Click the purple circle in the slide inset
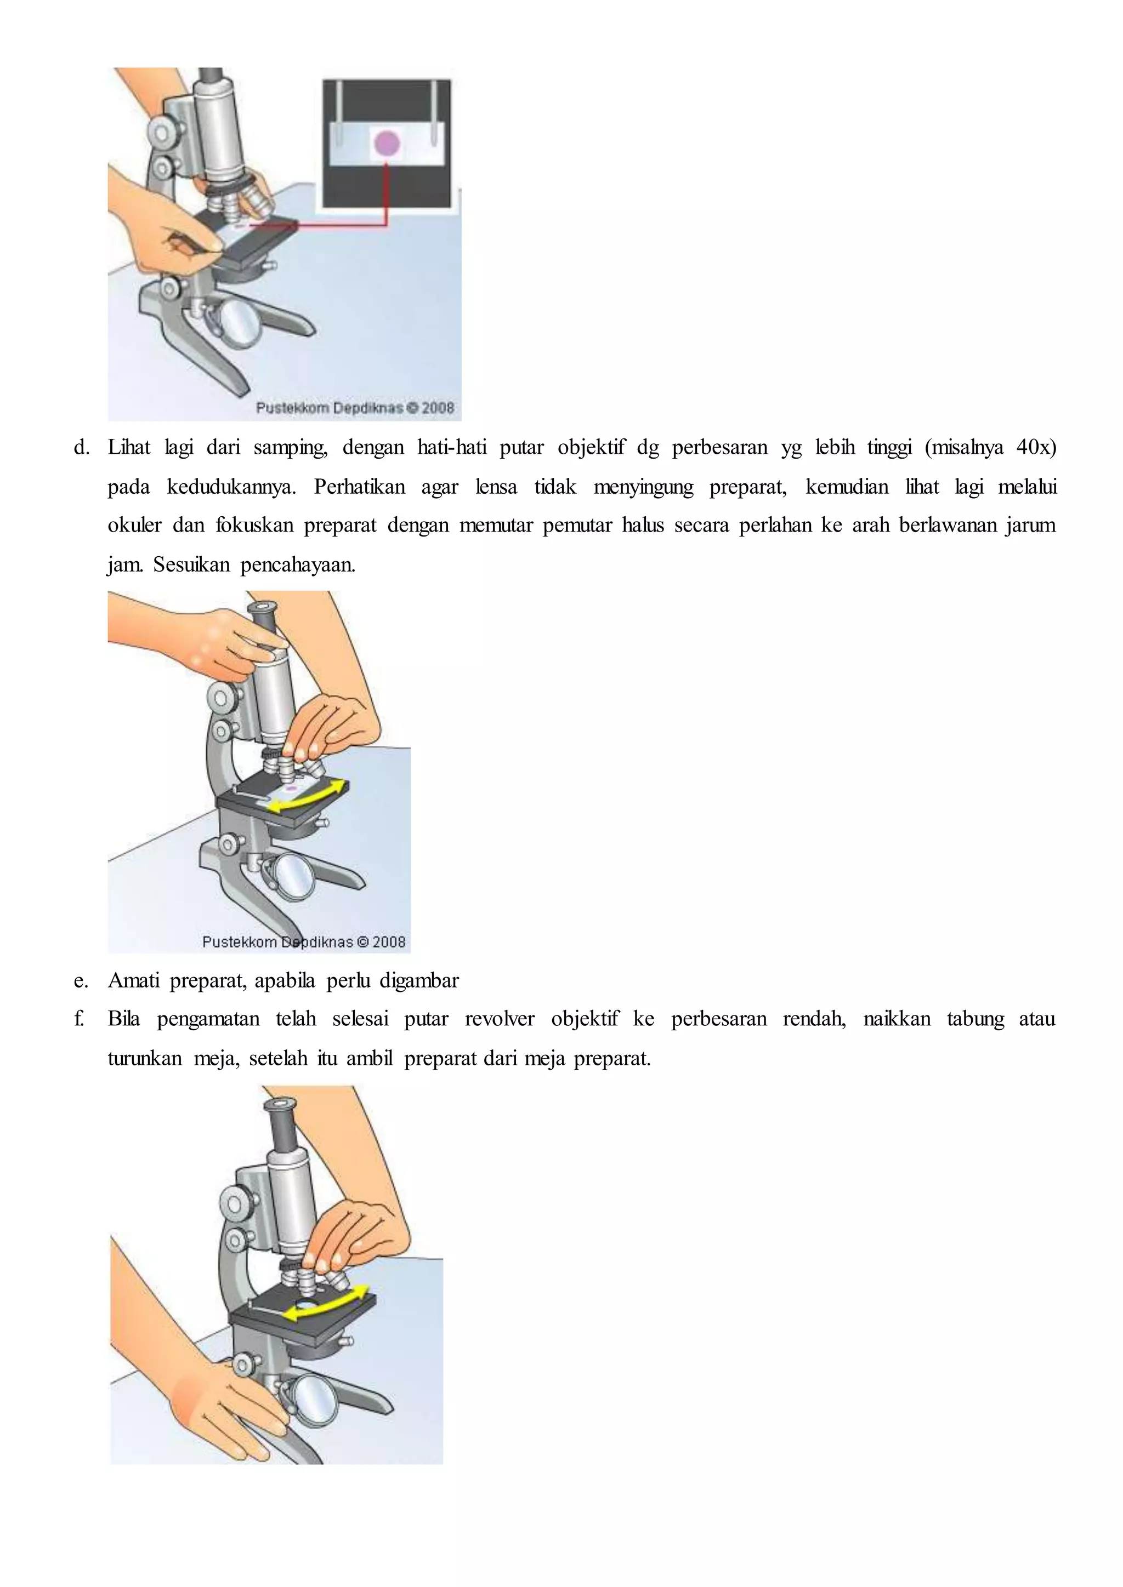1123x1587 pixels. (x=387, y=143)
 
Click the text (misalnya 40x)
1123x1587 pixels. (x=990, y=447)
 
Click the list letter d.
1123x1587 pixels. (x=82, y=447)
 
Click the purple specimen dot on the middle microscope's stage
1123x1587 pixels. (x=291, y=788)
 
